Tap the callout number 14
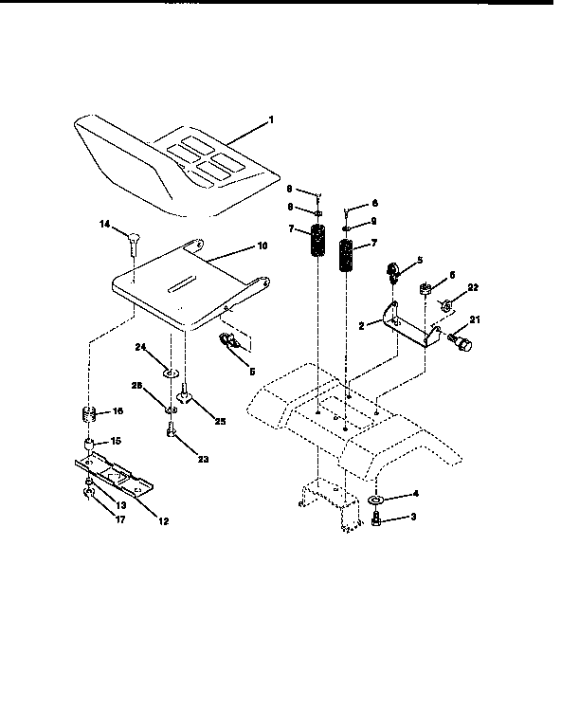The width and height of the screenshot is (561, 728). coord(105,225)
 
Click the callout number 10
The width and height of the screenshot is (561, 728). coord(262,245)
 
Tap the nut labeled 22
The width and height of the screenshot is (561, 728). coord(443,306)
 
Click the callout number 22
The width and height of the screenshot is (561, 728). coord(474,287)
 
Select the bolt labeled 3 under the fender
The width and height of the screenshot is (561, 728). coord(377,519)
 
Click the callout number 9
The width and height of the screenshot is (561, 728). coord(374,221)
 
